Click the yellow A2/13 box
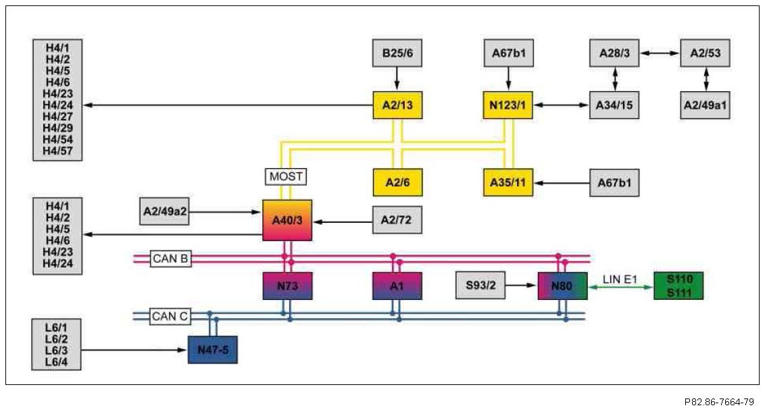pyautogui.click(x=397, y=105)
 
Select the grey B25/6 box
pyautogui.click(x=397, y=53)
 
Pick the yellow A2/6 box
pyautogui.click(x=397, y=182)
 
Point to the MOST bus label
pyautogui.click(x=285, y=177)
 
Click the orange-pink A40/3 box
pyautogui.click(x=287, y=220)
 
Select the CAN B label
pyautogui.click(x=170, y=258)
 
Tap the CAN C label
pyautogui.click(x=170, y=315)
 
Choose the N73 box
pyautogui.click(x=287, y=286)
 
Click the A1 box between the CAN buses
pyautogui.click(x=397, y=286)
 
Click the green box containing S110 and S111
pyautogui.click(x=678, y=286)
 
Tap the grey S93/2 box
pyautogui.click(x=481, y=286)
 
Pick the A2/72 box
pyautogui.click(x=397, y=220)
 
